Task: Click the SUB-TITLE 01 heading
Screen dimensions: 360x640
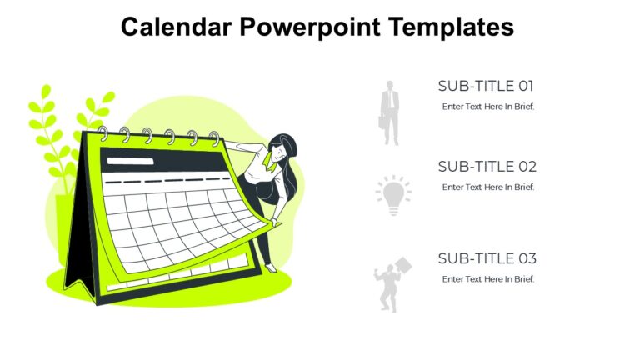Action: (x=486, y=86)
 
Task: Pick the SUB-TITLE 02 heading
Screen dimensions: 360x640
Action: (x=487, y=167)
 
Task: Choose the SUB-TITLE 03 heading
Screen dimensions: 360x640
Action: (x=487, y=258)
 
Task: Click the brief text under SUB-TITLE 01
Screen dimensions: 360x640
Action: (x=487, y=107)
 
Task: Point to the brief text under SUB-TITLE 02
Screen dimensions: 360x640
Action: (x=487, y=187)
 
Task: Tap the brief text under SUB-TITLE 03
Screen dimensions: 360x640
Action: (x=487, y=279)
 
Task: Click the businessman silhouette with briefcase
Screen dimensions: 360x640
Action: (x=390, y=112)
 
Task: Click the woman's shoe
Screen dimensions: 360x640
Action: (x=271, y=267)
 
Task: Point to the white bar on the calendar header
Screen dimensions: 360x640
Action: (x=124, y=161)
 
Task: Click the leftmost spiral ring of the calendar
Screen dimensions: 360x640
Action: (x=103, y=133)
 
